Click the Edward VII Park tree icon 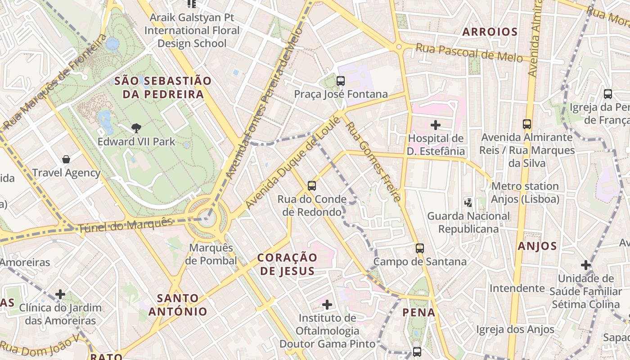[x=136, y=128]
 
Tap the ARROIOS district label [x=490, y=32]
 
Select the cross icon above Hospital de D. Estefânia [x=435, y=125]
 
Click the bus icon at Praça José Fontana [x=340, y=81]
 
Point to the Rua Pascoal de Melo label [x=469, y=52]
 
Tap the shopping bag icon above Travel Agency [x=66, y=159]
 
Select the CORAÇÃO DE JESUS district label [x=287, y=264]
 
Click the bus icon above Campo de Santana [x=419, y=248]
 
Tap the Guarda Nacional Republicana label [x=468, y=222]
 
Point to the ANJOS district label [x=537, y=246]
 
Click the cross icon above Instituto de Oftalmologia [x=327, y=305]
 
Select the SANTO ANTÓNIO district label [x=178, y=305]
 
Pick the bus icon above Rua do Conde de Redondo [x=311, y=185]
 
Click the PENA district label [x=418, y=312]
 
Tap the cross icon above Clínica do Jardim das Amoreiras [x=60, y=294]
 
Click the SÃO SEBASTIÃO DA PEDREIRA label [x=162, y=88]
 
